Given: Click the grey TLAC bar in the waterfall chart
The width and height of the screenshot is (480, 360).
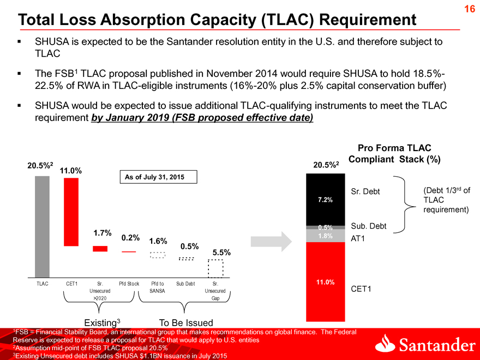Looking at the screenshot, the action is [x=42, y=227].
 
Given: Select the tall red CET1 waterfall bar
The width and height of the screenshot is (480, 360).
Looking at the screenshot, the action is [x=71, y=212].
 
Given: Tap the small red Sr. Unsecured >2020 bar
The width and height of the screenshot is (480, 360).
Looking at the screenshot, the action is [x=100, y=249].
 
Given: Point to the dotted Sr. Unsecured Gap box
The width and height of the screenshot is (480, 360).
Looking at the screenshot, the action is [x=215, y=268].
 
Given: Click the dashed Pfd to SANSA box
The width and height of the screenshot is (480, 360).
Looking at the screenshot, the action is [x=158, y=255].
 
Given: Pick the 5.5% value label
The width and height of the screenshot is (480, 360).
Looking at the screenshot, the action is [x=221, y=253].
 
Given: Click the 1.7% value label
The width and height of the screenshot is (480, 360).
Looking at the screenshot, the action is [x=102, y=233].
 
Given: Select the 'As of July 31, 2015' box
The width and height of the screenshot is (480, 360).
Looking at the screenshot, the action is [x=159, y=177].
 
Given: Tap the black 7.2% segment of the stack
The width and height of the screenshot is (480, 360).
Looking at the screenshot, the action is [x=326, y=200].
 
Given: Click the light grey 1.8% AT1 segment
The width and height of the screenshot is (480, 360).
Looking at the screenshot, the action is [x=326, y=236].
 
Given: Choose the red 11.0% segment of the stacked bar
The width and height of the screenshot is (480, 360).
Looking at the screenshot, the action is [x=326, y=281].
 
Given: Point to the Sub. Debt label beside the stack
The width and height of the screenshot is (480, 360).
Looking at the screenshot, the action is [x=369, y=226].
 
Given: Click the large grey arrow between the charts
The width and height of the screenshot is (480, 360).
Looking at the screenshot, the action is [x=271, y=242].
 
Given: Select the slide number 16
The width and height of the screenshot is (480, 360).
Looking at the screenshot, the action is [x=470, y=9].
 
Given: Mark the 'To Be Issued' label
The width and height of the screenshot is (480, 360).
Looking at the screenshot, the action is [x=186, y=323].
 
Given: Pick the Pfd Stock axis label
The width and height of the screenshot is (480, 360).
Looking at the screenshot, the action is [x=129, y=284].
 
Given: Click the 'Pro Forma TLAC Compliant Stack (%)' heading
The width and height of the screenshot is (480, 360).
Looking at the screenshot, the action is [x=394, y=154].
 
